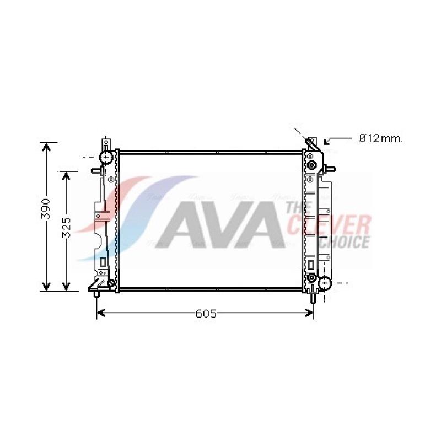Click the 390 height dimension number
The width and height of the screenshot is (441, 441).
[46, 208]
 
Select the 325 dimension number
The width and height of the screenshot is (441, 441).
[66, 227]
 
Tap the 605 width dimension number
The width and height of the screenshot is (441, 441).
[206, 313]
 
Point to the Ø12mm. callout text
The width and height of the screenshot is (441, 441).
[381, 138]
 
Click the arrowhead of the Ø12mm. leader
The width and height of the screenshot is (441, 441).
[327, 142]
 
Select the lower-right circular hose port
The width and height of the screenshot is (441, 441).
[325, 283]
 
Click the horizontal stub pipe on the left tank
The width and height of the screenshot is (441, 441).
[96, 170]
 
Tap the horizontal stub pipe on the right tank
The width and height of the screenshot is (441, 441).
[330, 169]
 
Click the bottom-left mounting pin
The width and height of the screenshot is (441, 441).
[96, 294]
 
